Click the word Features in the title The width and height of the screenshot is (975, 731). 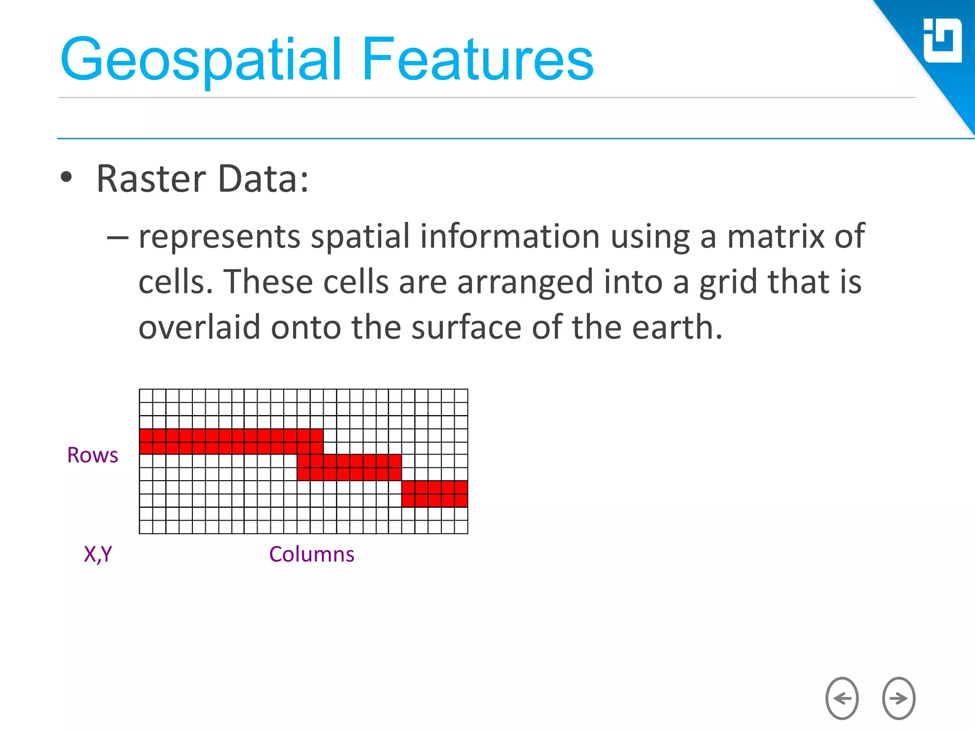(x=478, y=59)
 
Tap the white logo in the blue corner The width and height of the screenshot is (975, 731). (x=942, y=41)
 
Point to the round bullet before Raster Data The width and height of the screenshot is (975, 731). (x=67, y=178)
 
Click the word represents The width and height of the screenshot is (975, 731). (x=219, y=237)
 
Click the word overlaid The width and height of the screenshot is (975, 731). (x=199, y=327)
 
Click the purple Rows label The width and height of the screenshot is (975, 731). (x=92, y=455)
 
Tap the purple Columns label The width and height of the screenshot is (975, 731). (x=312, y=554)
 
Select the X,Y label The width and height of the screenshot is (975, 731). (x=98, y=554)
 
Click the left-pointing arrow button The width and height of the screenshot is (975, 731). (x=842, y=698)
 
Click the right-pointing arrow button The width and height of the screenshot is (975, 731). (x=898, y=698)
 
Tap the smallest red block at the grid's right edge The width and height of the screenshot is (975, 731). (x=434, y=494)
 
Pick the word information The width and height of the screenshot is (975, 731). (x=509, y=237)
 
